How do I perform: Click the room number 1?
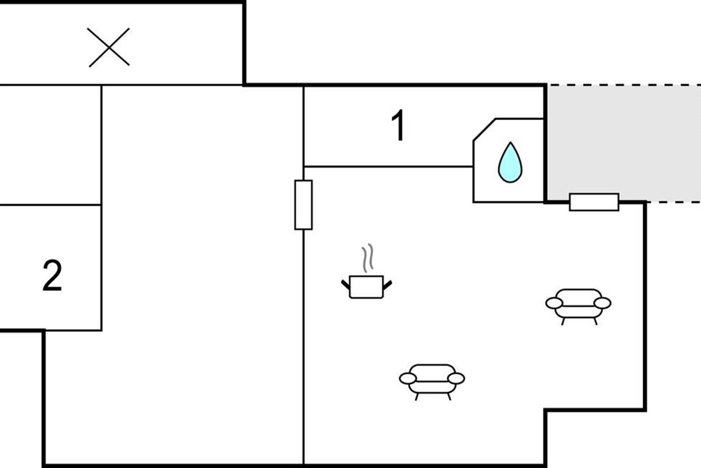(x=398, y=127)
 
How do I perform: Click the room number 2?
(x=52, y=277)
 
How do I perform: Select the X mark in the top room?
(x=109, y=47)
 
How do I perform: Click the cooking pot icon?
(x=366, y=286)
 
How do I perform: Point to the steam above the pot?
(x=367, y=259)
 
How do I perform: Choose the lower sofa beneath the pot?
(x=432, y=380)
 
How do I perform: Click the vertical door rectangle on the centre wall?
(x=303, y=205)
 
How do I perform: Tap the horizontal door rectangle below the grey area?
(x=594, y=202)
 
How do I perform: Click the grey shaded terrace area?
(x=622, y=140)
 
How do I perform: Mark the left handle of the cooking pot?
(x=346, y=284)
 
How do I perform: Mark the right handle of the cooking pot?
(x=387, y=284)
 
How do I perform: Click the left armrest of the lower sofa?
(x=408, y=378)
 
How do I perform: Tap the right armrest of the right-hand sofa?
(x=602, y=302)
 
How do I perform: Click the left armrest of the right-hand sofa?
(x=554, y=302)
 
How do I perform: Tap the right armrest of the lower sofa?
(x=456, y=378)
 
